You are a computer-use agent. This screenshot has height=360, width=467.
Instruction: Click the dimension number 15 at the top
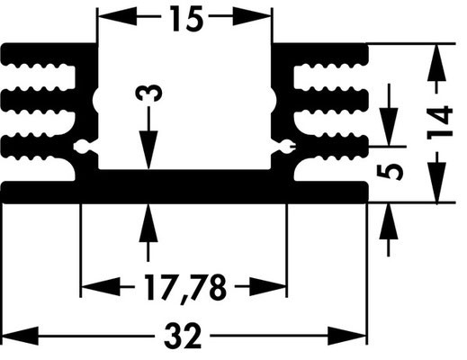click(187, 19)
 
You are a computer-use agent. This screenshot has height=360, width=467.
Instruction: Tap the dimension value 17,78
click(184, 288)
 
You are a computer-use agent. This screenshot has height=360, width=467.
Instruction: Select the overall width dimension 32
click(183, 336)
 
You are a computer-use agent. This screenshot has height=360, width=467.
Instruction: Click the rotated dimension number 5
click(390, 172)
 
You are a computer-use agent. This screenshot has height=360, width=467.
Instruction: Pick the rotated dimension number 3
click(148, 93)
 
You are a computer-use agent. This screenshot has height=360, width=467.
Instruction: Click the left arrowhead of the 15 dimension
click(118, 16)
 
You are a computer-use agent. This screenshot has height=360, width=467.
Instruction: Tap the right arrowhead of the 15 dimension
click(252, 16)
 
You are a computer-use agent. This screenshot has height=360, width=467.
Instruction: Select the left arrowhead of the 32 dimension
click(20, 336)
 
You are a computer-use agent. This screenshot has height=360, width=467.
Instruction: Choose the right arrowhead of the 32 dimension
click(347, 336)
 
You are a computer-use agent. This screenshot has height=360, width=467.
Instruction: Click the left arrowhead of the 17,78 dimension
click(101, 287)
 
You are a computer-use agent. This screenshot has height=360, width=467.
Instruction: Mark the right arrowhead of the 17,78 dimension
click(267, 287)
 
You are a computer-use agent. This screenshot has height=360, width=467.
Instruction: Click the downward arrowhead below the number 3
click(148, 150)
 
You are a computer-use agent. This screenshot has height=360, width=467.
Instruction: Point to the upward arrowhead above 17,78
click(148, 222)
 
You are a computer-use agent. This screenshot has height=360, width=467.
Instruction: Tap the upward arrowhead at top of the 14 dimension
click(436, 62)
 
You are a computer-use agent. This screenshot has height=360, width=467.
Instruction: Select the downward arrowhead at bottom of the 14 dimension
click(436, 184)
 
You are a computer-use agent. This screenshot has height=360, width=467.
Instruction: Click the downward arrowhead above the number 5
click(389, 127)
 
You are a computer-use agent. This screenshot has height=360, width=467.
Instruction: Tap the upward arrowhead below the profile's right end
click(389, 222)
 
